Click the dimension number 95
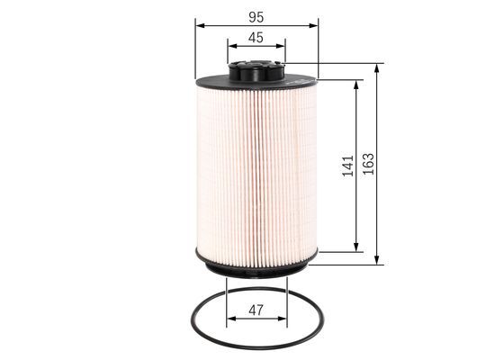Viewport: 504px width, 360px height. tap(256, 17)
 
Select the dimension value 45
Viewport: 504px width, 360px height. tap(256, 38)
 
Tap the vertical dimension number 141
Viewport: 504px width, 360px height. tap(347, 166)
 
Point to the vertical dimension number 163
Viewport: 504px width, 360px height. tap(368, 164)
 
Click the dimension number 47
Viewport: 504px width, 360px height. tap(256, 310)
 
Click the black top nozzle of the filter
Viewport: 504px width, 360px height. tap(256, 71)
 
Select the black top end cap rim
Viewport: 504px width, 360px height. tap(256, 83)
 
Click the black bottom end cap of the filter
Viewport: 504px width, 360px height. tap(256, 265)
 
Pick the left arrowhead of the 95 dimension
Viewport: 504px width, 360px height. tap(200, 26)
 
